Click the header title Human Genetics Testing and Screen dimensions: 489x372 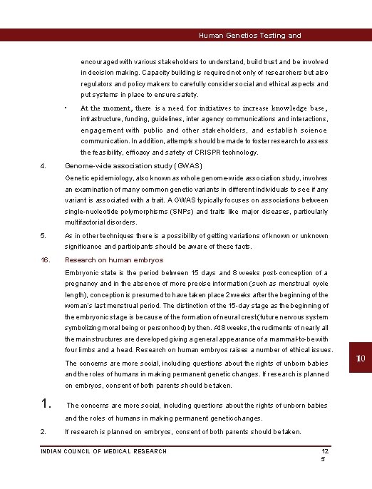click(x=249, y=35)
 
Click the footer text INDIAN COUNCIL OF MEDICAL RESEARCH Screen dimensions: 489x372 click(x=104, y=451)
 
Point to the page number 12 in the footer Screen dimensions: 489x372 click(x=325, y=451)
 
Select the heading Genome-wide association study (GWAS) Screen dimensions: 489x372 click(x=123, y=165)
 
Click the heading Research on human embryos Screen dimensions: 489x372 click(x=114, y=260)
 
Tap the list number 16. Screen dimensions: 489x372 click(x=44, y=260)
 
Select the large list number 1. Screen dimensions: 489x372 click(x=46, y=404)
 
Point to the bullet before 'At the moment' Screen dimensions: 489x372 click(x=65, y=108)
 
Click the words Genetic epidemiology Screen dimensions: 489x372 click(x=95, y=177)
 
